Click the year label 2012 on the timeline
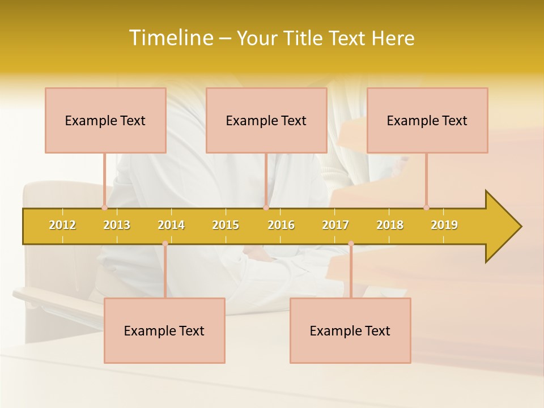pos(62,225)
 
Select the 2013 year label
pos(117,225)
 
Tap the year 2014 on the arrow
pos(171,225)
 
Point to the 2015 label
pos(226,225)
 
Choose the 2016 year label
pos(281,225)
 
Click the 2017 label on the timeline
pos(335,225)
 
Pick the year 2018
pos(390,225)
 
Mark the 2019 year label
pos(444,225)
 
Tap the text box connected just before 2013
pos(105,120)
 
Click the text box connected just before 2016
pos(266,120)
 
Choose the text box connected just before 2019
pos(427,120)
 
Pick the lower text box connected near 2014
pos(164,330)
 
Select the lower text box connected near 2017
pos(350,330)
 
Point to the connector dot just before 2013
pos(104,207)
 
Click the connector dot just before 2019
pos(426,207)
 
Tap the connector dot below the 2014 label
pos(165,244)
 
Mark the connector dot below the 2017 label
pos(351,244)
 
